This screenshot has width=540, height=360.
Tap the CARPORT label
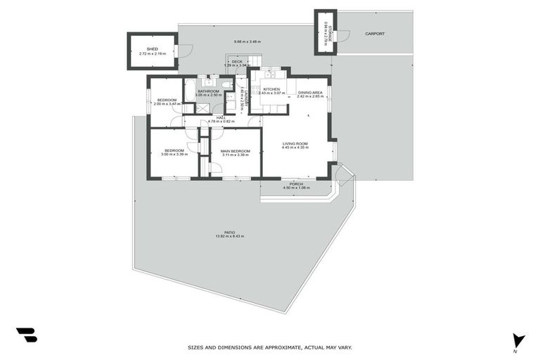coord(374,33)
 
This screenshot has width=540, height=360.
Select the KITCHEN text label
coord(271,89)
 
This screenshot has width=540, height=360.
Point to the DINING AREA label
coord(310,93)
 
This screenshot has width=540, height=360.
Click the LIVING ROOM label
coord(295,143)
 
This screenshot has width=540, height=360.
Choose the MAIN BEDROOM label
coord(235,150)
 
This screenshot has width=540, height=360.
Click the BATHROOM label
coord(208,91)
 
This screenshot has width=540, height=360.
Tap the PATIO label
coord(229,232)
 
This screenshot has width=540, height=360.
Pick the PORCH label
coord(296,184)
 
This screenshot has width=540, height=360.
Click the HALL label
coord(220,117)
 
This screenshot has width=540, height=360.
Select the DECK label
coord(237,62)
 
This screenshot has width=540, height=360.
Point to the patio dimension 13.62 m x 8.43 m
coord(229,237)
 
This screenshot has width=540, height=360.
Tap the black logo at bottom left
coord(26,335)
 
